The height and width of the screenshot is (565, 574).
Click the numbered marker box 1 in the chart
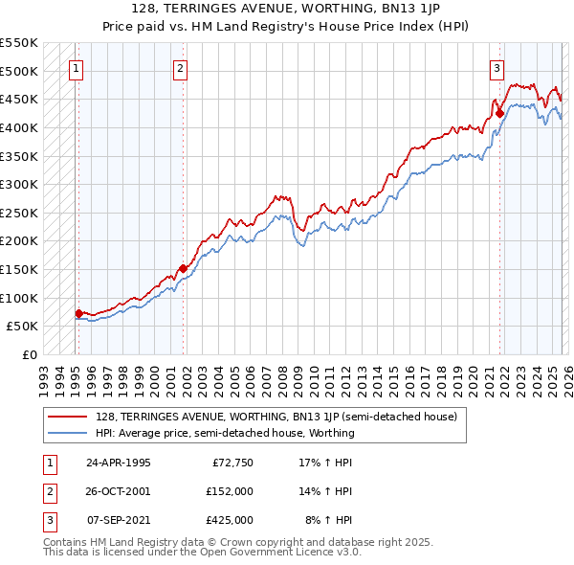[x=76, y=68]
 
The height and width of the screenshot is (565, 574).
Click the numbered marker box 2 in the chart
[x=180, y=68]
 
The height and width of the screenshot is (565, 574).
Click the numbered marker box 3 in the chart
[x=497, y=68]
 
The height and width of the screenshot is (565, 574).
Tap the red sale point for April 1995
[x=78, y=312]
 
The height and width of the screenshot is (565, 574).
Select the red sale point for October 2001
[x=183, y=268]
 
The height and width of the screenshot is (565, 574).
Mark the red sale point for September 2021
[x=499, y=114]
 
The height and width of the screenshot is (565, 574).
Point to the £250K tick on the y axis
[x=19, y=213]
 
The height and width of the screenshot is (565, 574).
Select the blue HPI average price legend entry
[x=225, y=433]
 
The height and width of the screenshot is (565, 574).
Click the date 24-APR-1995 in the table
[x=118, y=463]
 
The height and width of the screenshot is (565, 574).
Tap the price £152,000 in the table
[x=231, y=491]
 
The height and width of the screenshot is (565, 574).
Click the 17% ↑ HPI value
[x=325, y=463]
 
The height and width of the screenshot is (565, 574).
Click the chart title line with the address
[x=286, y=11]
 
